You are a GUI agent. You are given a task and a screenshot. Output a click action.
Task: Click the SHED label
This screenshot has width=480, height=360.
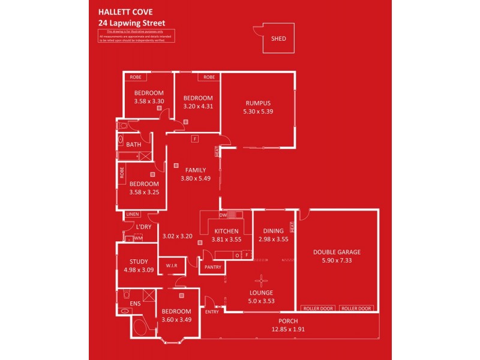tap(278, 39)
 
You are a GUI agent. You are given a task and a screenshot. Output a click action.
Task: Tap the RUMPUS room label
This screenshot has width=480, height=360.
tap(258, 103)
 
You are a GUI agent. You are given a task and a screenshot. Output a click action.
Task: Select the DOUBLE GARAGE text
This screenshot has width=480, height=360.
tap(337, 253)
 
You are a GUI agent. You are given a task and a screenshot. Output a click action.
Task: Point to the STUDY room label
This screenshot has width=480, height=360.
tap(139, 262)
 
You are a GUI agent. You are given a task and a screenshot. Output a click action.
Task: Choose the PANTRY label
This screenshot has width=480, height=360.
tap(212, 267)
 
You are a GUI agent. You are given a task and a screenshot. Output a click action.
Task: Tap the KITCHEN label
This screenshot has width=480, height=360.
tap(226, 231)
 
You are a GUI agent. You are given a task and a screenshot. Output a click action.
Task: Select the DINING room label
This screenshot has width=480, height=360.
tap(274, 231)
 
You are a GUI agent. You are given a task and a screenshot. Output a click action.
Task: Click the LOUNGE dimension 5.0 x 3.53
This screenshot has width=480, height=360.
tap(262, 301)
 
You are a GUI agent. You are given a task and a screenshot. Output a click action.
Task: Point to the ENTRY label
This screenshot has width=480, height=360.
tap(212, 311)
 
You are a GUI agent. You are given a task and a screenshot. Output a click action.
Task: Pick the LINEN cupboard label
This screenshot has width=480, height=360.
tap(132, 214)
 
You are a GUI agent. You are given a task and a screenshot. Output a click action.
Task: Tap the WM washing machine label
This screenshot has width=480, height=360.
tap(138, 238)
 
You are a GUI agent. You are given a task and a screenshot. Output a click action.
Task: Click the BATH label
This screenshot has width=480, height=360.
tap(134, 145)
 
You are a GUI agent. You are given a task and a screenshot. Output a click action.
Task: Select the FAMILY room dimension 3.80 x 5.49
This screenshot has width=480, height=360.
tap(196, 178)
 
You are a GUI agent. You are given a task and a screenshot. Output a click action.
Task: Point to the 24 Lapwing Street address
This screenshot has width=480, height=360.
tap(131, 23)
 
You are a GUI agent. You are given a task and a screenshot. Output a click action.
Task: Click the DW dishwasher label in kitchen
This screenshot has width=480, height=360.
tap(223, 214)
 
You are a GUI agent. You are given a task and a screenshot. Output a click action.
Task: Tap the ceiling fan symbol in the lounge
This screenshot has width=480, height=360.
tap(261, 279)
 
